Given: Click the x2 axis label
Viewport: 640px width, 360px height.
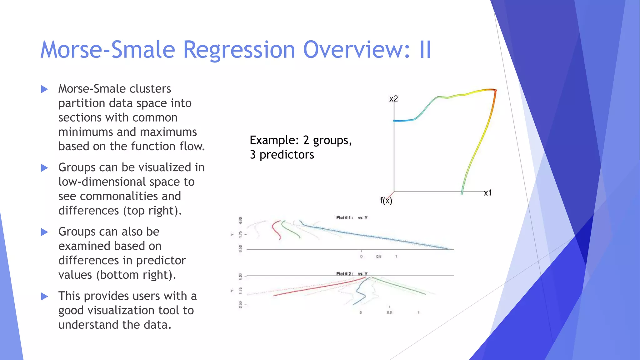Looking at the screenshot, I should click(393, 99).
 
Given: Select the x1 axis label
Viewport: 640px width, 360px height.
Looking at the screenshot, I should click(488, 193).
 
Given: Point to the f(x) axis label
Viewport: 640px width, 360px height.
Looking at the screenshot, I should click(386, 201).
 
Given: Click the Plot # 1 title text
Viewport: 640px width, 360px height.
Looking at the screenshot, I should click(345, 217).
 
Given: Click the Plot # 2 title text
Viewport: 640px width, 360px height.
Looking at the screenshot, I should click(345, 274).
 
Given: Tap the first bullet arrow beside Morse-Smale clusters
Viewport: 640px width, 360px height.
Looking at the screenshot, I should click(45, 89).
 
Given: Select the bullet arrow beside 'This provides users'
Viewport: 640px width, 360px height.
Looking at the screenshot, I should click(45, 296).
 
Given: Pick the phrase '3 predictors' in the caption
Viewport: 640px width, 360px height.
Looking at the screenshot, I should click(282, 155).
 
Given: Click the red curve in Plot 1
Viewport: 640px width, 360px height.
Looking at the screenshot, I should click(275, 230).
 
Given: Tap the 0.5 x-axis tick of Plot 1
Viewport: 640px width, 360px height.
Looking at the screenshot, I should click(379, 257).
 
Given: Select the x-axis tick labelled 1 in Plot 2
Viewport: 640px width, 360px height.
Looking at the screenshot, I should click(418, 312).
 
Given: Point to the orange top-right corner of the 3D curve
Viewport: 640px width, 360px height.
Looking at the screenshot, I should click(494, 91).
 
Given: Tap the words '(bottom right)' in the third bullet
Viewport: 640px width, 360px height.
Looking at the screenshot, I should click(136, 275).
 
